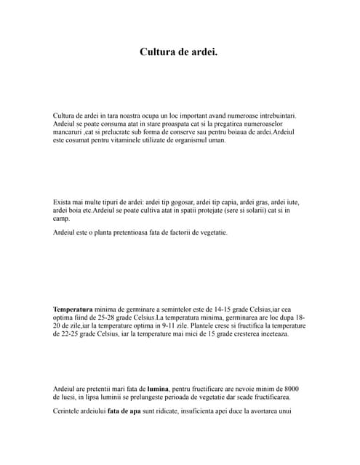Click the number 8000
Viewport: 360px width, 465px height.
tap(289, 389)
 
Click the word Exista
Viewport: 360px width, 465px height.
tap(64, 202)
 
